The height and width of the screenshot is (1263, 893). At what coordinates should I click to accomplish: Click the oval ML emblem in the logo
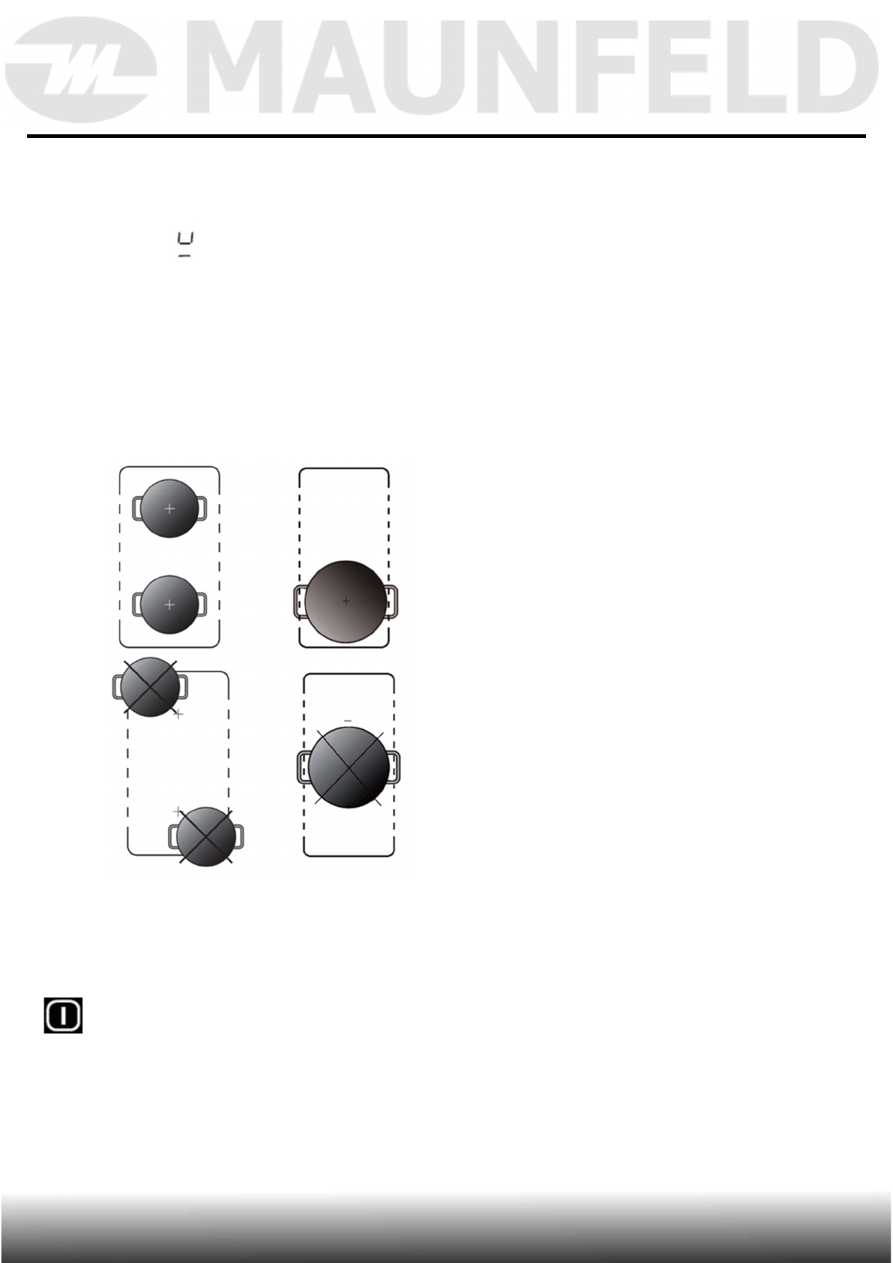(x=81, y=70)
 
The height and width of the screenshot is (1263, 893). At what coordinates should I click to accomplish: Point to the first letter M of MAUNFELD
(x=239, y=67)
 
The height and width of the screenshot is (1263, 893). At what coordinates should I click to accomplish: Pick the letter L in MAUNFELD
(x=744, y=67)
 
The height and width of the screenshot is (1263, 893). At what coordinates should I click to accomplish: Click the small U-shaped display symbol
(x=185, y=244)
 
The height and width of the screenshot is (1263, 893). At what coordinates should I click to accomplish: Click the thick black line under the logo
(x=446, y=136)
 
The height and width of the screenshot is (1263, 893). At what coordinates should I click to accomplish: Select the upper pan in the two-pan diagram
(x=169, y=508)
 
